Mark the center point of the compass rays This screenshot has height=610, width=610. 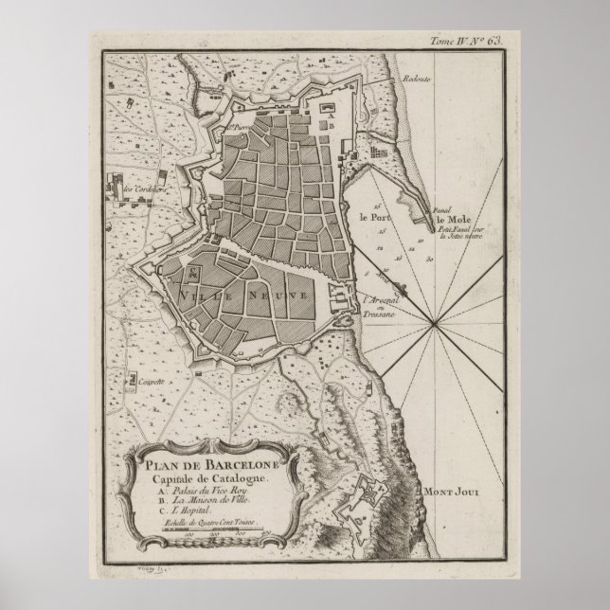tap(433, 325)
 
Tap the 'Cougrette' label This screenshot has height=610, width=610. tap(147, 380)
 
